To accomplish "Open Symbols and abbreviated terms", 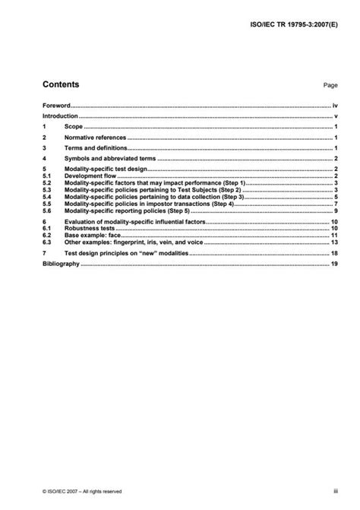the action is point(111,159).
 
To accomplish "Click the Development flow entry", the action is point(90,176).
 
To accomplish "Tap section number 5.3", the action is point(46,190).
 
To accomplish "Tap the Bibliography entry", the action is point(60,263).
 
